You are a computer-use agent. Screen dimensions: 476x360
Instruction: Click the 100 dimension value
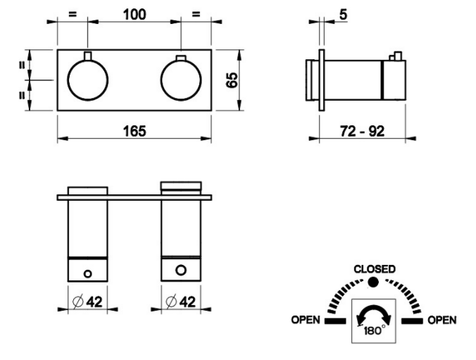[134, 15]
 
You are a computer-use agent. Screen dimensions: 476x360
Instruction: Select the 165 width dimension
[134, 131]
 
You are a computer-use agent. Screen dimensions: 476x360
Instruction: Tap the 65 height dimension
[232, 80]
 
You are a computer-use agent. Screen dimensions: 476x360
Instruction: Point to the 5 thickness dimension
[343, 14]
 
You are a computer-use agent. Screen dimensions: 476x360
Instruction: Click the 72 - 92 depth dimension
[362, 131]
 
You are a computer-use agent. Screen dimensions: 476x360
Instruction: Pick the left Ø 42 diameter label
[88, 302]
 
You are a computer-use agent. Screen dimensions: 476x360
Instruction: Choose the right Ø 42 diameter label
[181, 302]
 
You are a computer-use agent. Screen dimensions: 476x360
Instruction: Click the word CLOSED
[375, 269]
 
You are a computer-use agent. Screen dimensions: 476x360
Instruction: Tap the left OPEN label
[306, 320]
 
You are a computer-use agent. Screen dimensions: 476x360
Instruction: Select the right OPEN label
[442, 320]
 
